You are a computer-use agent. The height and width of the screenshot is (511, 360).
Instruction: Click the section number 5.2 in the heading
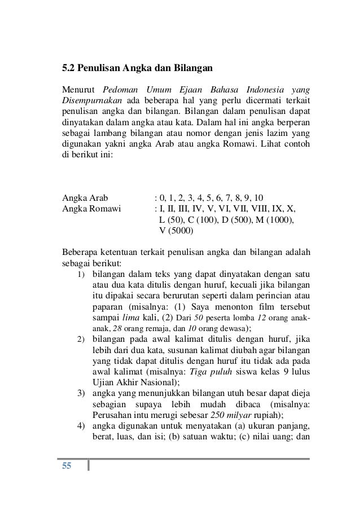pos(68,69)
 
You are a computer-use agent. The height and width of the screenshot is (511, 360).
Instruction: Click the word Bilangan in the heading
pos(192,69)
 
